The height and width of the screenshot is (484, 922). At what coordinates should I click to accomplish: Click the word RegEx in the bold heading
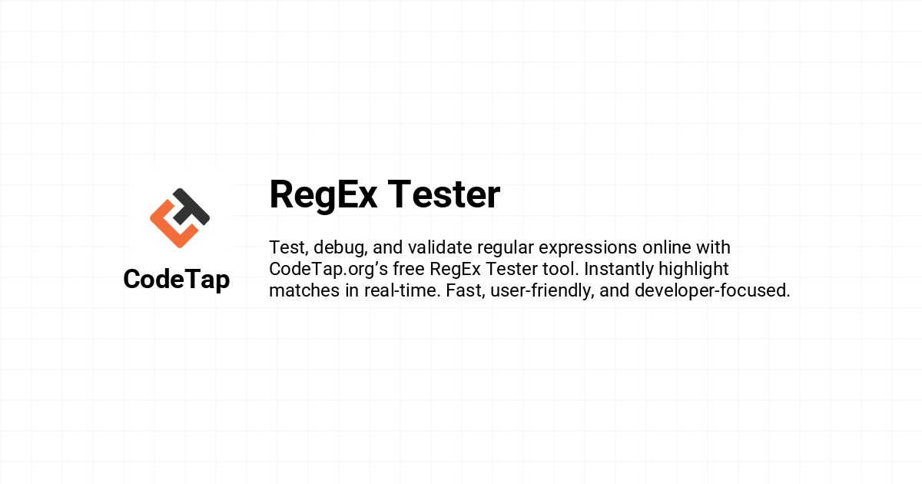click(x=323, y=195)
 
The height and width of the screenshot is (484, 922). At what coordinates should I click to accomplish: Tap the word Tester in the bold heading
click(x=444, y=194)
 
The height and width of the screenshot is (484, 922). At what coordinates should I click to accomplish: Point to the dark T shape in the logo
click(x=191, y=207)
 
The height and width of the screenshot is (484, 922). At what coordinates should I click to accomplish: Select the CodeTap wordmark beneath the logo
click(x=177, y=280)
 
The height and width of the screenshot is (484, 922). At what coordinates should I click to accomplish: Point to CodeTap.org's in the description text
click(x=329, y=270)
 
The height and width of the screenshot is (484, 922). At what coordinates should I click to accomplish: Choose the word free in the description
click(x=408, y=269)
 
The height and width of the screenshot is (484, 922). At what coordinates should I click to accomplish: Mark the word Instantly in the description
click(x=619, y=270)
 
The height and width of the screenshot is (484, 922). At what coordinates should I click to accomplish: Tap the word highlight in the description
click(x=694, y=270)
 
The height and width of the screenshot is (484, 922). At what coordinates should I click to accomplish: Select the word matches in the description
click(x=304, y=290)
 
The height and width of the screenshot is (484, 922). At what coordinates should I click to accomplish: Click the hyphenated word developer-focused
click(x=712, y=291)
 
